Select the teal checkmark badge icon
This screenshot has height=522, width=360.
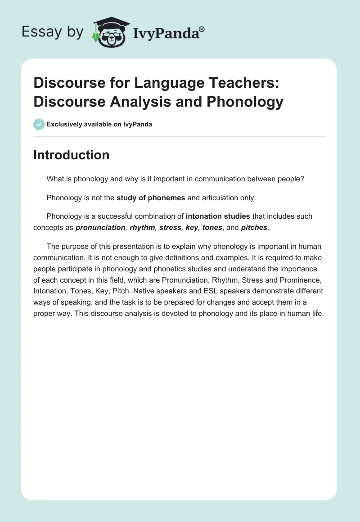(39, 124)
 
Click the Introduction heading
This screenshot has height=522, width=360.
(71, 155)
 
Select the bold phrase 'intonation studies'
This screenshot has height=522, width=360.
(218, 216)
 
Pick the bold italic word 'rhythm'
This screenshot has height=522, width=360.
(142, 228)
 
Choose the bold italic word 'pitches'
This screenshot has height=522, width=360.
(254, 228)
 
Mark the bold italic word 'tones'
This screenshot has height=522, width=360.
(212, 228)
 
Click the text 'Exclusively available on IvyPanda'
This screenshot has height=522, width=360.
(99, 124)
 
